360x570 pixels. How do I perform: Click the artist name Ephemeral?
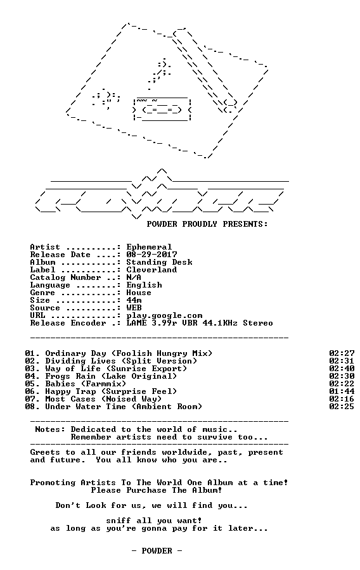point(149,247)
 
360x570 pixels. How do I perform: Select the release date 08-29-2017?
point(151,255)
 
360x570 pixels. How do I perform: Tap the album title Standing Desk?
point(159,262)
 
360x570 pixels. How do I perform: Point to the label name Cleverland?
point(151,270)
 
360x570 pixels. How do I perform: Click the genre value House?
point(139,293)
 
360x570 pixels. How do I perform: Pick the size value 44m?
point(134,301)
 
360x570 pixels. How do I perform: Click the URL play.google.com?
point(164,316)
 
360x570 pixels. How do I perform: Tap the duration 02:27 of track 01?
point(342,353)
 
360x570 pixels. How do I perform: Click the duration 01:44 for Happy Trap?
point(342,392)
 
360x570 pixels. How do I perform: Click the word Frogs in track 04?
point(58,377)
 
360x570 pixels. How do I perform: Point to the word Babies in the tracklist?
point(60,384)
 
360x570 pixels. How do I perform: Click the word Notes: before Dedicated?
point(50,430)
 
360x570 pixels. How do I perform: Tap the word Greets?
point(45,453)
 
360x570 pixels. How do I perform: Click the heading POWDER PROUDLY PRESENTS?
point(207,224)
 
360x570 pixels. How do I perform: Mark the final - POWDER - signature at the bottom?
point(157,552)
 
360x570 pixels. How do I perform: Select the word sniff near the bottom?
point(119,521)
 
